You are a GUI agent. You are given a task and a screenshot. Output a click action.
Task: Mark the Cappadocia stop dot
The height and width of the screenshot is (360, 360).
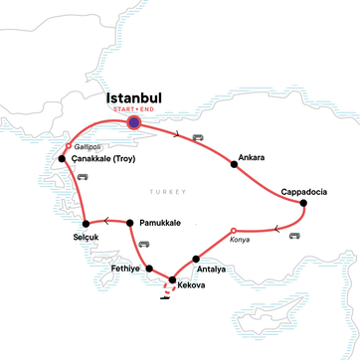(303, 204)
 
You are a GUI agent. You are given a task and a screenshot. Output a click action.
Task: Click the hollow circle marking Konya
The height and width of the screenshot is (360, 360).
(233, 231)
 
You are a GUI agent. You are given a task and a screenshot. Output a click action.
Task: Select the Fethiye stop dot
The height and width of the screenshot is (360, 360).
(149, 269)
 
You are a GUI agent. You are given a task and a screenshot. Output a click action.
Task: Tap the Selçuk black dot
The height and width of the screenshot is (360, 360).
(88, 222)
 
